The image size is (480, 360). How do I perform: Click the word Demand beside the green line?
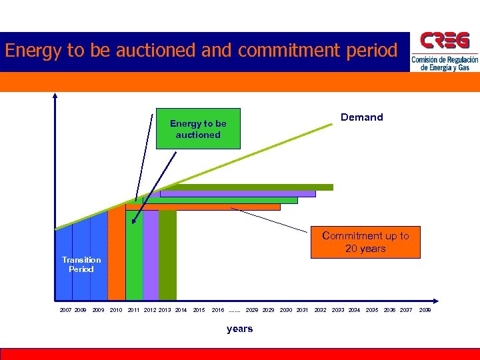click(361, 117)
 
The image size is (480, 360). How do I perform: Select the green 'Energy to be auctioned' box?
click(198, 129)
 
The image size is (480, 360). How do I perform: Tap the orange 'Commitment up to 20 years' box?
click(365, 242)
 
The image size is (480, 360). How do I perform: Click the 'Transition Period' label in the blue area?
click(81, 265)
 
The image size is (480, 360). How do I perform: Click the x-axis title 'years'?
click(239, 329)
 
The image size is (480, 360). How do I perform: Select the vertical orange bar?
click(117, 253)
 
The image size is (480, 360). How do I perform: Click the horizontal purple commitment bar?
click(237, 194)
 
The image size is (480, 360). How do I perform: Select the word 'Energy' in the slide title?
click(31, 51)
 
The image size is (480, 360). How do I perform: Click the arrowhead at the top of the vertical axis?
click(55, 95)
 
